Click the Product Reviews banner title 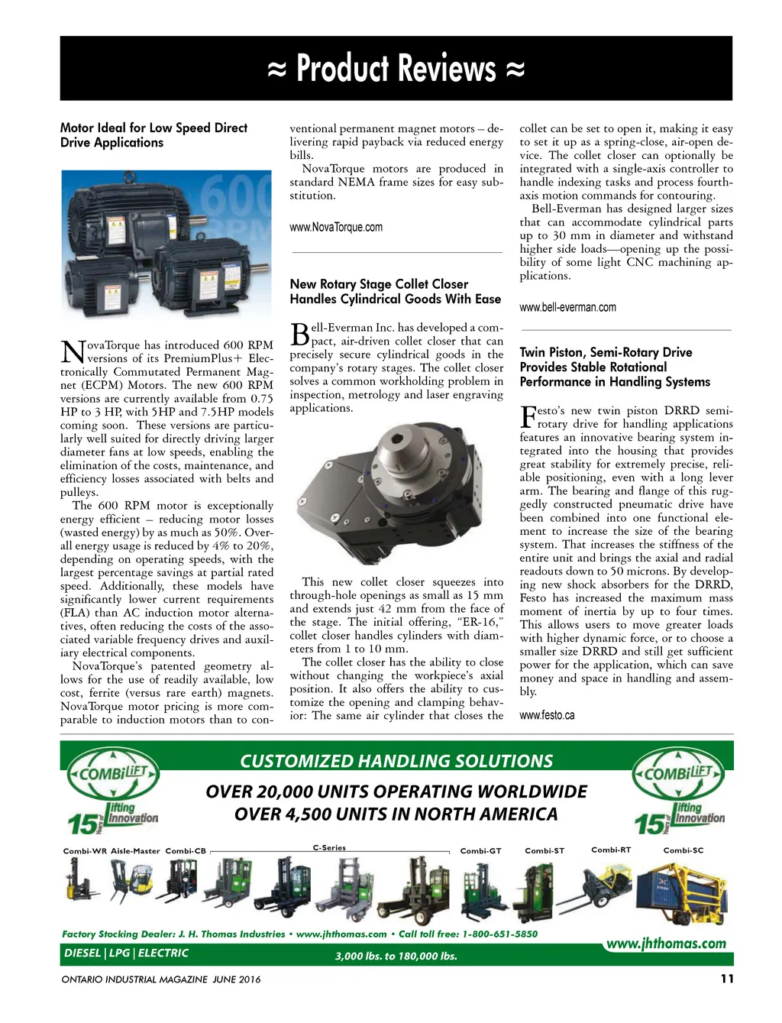point(396,69)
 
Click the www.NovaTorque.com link point(336,227)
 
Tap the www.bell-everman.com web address point(567,307)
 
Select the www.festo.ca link point(547,715)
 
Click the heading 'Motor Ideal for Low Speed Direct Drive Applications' point(153,135)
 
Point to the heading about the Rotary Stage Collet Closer point(395,291)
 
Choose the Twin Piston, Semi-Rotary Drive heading point(615,367)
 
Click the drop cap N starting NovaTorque point(72,352)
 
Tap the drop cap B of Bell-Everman point(299,335)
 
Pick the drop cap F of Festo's point(528,416)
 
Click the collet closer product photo point(396,494)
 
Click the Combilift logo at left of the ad point(113,773)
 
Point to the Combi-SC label point(683,850)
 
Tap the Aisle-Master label point(135,850)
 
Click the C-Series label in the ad point(329,847)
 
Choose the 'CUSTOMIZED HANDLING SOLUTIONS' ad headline point(396,761)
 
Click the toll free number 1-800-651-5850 point(499,934)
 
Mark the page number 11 point(726,979)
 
